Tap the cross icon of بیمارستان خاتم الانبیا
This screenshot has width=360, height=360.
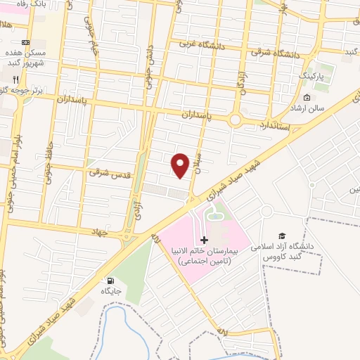205,240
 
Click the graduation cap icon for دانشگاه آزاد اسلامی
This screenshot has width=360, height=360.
282,236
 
